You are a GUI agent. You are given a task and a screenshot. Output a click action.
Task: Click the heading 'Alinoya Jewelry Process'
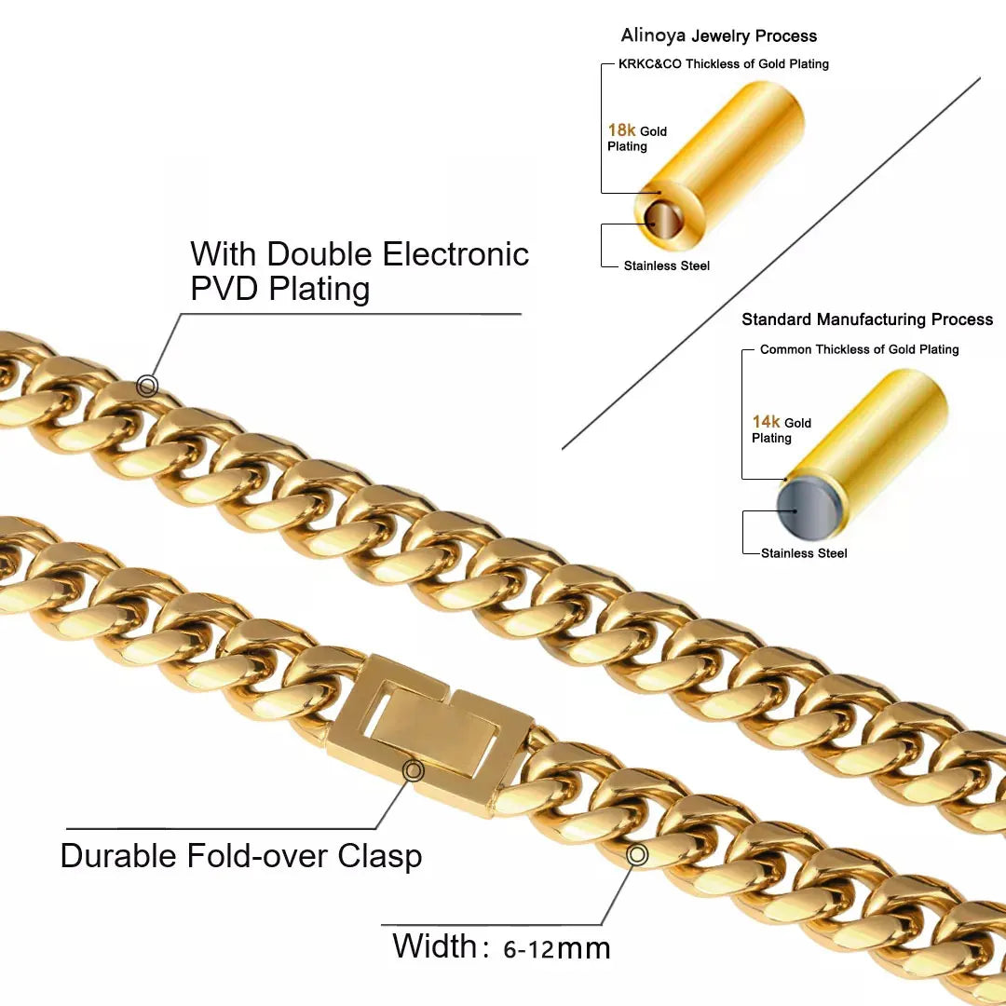[x=718, y=36]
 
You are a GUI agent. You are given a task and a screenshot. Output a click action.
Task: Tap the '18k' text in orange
[x=621, y=130]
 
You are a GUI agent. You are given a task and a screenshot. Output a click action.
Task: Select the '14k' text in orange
[x=766, y=422]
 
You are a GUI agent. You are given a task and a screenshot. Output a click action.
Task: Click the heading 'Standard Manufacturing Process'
[x=866, y=319]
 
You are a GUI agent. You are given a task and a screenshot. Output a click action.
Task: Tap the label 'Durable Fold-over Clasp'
[x=240, y=855]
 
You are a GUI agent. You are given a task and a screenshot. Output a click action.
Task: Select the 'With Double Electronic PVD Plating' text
[x=360, y=271]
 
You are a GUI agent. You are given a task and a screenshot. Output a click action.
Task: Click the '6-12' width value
[x=528, y=950]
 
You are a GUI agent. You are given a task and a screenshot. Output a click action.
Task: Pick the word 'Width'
[x=435, y=946]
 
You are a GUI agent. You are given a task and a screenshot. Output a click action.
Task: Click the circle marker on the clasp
[x=413, y=771]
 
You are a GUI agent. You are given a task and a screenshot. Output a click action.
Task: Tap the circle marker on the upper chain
[x=147, y=385]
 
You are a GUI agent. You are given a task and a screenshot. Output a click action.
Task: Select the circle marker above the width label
[x=637, y=854]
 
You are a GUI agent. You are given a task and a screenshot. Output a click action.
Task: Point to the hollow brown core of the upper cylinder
[x=663, y=222]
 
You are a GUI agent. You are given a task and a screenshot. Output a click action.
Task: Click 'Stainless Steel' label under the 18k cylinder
[x=666, y=266]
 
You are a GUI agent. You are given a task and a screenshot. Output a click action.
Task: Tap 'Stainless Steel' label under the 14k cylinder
[x=804, y=553]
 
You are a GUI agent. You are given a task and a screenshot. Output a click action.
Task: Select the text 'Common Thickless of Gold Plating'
[x=859, y=349]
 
